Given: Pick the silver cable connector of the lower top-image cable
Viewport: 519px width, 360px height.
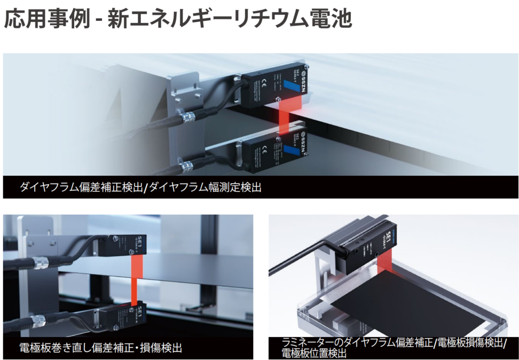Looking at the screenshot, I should (x=187, y=167).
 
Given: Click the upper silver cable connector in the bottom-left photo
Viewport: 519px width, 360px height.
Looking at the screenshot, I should (x=40, y=262).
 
